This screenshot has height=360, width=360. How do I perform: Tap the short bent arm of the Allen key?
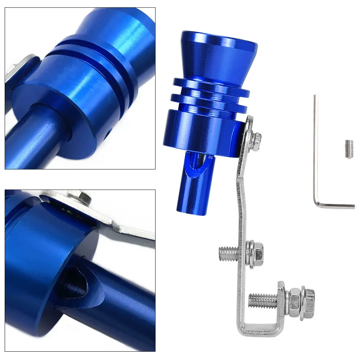click(x=335, y=206)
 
